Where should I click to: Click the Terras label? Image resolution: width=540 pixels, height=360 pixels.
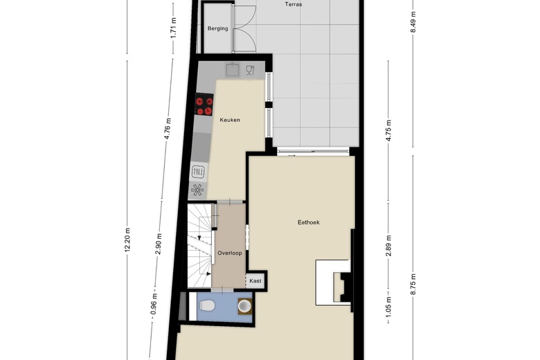pyautogui.click(x=294, y=4)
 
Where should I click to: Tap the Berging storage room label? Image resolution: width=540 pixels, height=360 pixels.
pyautogui.click(x=217, y=28)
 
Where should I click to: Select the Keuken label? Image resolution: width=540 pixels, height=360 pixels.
pyautogui.click(x=230, y=120)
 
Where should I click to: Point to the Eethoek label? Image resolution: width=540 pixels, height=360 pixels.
pyautogui.click(x=309, y=222)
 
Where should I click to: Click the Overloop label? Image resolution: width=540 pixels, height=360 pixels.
pyautogui.click(x=230, y=253)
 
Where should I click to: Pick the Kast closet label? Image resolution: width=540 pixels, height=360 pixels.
pyautogui.click(x=255, y=281)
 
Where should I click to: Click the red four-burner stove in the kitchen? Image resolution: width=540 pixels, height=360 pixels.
pyautogui.click(x=204, y=105)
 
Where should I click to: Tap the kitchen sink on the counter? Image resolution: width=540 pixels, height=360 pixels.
pyautogui.click(x=233, y=69)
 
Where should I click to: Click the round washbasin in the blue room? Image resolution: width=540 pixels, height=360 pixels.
pyautogui.click(x=245, y=306)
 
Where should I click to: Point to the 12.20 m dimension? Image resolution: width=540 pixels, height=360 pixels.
pyautogui.click(x=127, y=240)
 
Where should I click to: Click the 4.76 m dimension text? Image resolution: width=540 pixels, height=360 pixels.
pyautogui.click(x=168, y=129)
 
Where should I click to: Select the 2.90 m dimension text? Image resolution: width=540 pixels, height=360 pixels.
pyautogui.click(x=159, y=244)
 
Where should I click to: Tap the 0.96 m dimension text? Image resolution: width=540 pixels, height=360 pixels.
pyautogui.click(x=154, y=303)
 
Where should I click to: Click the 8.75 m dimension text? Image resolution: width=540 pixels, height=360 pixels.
pyautogui.click(x=413, y=284)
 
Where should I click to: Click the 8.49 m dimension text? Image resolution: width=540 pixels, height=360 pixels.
pyautogui.click(x=413, y=22)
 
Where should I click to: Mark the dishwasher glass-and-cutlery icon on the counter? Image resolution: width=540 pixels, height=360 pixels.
pyautogui.click(x=250, y=70)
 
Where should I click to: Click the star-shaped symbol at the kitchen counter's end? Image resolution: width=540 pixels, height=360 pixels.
pyautogui.click(x=197, y=190)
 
